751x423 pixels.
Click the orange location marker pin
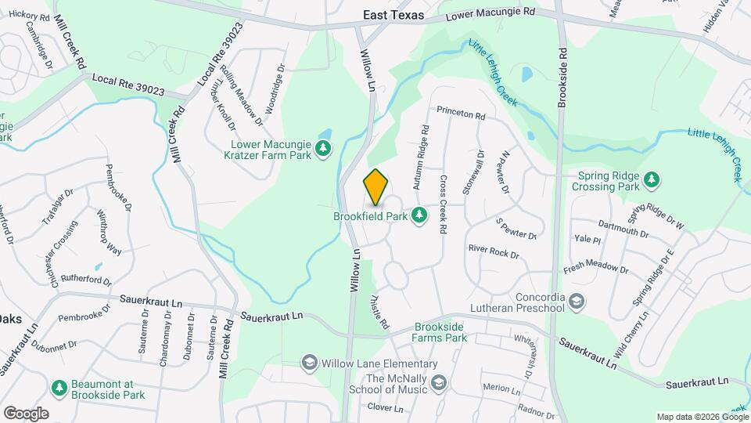[376, 187]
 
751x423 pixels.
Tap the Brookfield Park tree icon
[419, 214]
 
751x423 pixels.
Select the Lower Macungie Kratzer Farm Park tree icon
[322, 149]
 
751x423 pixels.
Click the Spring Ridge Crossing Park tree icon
[651, 181]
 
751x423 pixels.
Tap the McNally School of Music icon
[439, 382]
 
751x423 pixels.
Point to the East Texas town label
[393, 15]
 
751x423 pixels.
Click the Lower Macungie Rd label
[490, 14]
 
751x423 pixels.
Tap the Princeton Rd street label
[462, 114]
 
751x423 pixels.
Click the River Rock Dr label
[494, 251]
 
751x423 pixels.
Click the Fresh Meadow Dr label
[596, 266]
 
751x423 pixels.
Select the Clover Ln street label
[385, 408]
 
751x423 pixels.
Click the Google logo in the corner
[26, 414]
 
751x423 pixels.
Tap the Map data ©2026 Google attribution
[701, 417]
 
